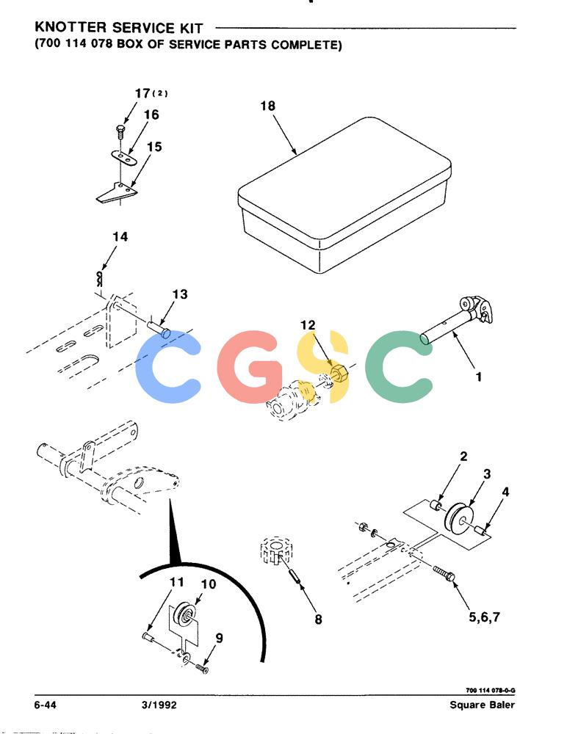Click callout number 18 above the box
[267, 106]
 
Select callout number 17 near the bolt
[142, 93]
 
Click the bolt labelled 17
[120, 131]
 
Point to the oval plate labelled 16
[123, 157]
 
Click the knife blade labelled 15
[118, 192]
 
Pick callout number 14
[120, 236]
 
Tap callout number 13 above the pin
[179, 294]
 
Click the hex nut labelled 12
[339, 374]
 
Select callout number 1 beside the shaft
[478, 377]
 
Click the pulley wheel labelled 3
[460, 517]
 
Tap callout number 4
[505, 492]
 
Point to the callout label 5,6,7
[485, 617]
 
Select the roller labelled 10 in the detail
[184, 614]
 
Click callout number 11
[177, 582]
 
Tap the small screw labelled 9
[202, 668]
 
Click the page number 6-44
[45, 705]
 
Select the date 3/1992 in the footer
[159, 705]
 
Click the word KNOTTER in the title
[71, 28]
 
